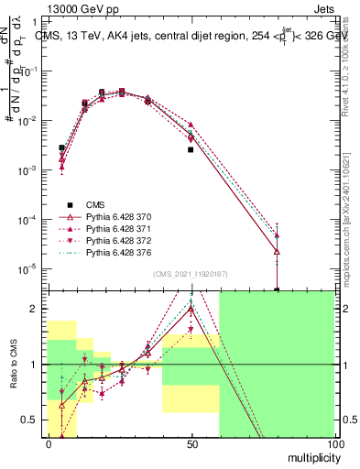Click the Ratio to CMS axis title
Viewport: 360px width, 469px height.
pos(14,365)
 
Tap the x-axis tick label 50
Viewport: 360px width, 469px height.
pos(191,443)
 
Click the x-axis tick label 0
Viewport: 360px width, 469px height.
pos(48,443)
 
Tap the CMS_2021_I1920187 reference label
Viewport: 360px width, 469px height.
pos(191,274)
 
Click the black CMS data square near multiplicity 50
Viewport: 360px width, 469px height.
pos(191,149)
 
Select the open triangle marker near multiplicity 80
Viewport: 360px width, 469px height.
pos(277,252)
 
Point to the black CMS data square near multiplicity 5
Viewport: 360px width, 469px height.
pos(62,147)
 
